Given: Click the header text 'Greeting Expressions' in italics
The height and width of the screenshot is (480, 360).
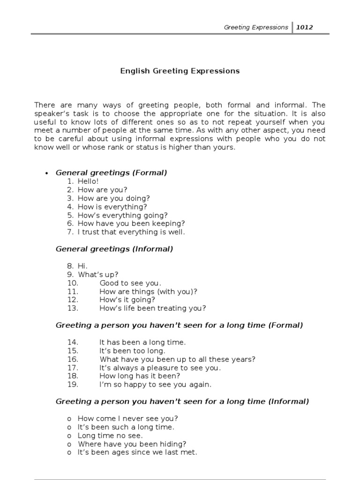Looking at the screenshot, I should pos(255,27).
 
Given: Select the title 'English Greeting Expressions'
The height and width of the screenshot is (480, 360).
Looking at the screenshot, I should pos(180,71).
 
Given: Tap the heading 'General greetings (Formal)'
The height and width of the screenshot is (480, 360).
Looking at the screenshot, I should pos(111,172).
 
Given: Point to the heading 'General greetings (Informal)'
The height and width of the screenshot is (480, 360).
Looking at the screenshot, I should pos(114,249).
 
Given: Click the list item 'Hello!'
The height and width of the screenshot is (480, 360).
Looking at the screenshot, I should pos(89,181).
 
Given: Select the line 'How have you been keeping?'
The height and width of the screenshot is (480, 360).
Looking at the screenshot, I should pos(131,224).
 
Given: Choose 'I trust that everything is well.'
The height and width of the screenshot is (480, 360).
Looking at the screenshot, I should pos(131,232).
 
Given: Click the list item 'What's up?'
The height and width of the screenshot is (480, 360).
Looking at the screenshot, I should pos(98,274).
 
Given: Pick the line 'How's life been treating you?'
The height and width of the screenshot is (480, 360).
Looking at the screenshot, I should pos(152,308).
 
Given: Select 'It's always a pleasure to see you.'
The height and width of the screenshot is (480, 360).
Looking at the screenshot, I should pos(160,367).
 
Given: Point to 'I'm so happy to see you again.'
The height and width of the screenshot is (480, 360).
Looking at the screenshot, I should pos(155,384).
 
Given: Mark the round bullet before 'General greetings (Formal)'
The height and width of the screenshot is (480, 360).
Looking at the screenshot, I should pos(46,173).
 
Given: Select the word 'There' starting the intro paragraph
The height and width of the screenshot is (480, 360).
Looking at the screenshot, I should pos(45,105).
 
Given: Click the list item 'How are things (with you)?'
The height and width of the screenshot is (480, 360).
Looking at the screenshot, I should pos(148,291).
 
